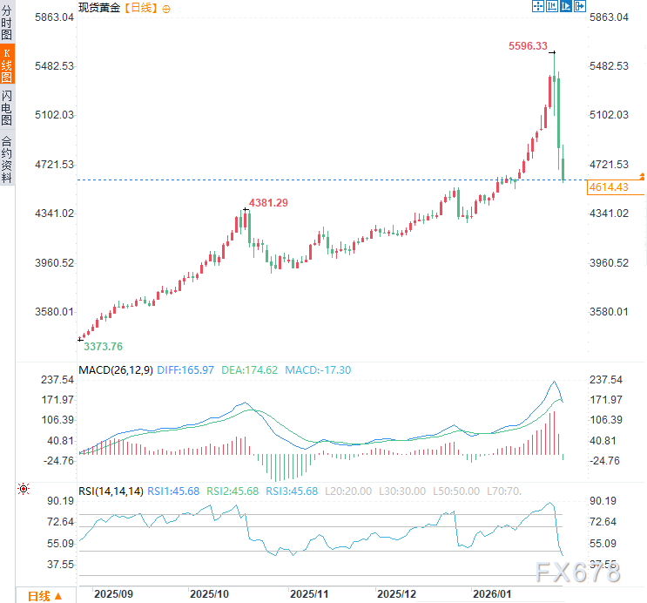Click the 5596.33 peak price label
tap(528, 46)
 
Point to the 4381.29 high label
tap(268, 203)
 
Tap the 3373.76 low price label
tap(103, 346)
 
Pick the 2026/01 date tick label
tap(491, 593)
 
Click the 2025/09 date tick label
tap(113, 593)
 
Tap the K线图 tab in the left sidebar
tap(7, 66)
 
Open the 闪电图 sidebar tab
tap(7, 108)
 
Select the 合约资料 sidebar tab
tap(7, 159)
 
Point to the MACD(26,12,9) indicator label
tap(116, 370)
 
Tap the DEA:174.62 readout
tap(250, 370)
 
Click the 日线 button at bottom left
tap(44, 596)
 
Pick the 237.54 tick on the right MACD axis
tap(605, 380)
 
